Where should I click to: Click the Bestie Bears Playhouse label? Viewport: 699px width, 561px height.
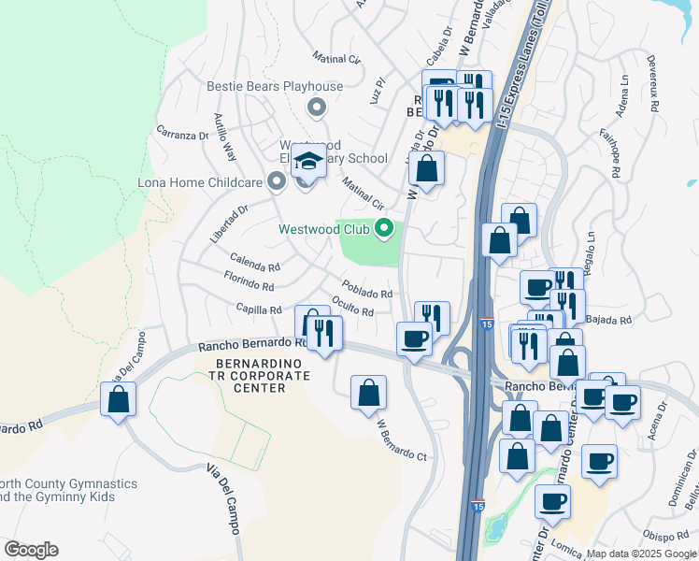coord(276,87)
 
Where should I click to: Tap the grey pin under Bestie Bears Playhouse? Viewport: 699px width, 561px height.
coord(317,108)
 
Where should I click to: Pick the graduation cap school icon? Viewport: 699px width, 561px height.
coord(308,163)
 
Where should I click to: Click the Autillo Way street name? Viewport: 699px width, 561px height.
coord(225,136)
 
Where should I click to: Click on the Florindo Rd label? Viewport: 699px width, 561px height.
coord(249,278)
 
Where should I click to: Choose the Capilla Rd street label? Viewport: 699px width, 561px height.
coord(259,309)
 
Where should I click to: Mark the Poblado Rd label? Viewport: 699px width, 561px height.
coord(366,289)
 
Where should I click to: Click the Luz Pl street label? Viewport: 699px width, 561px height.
coord(378,91)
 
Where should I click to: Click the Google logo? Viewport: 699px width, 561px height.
coord(31,550)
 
